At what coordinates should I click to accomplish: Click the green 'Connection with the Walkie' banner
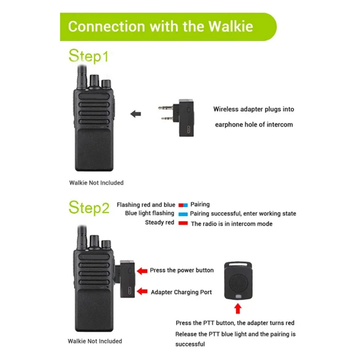[166, 26]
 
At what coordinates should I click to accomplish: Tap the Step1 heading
[89, 57]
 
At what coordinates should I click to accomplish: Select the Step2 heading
[89, 207]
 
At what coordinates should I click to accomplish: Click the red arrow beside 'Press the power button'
[142, 270]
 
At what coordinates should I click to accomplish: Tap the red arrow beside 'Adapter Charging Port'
[142, 292]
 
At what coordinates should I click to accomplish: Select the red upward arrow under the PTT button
[238, 308]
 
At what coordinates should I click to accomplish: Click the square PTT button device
[238, 279]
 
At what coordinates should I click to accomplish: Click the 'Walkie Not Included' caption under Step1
[96, 183]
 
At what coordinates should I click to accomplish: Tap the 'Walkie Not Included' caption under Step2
[94, 341]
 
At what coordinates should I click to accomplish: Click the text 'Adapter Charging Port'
[181, 292]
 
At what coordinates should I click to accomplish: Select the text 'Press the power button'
[182, 270]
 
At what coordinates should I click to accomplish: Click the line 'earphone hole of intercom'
[253, 124]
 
